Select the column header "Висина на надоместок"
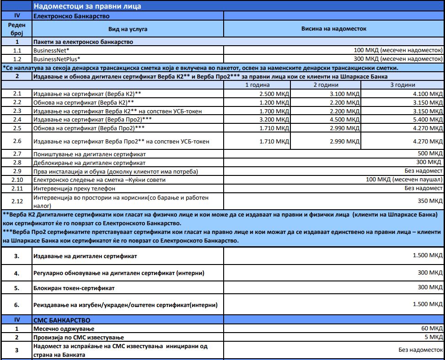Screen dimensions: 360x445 tap(333, 29)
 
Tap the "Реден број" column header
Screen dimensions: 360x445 tap(17, 29)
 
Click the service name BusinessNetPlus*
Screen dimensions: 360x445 tap(57, 59)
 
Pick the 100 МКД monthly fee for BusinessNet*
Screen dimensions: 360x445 tap(398, 50)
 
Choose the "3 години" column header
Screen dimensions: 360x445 tap(402, 85)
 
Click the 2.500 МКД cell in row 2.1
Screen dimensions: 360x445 tap(273, 94)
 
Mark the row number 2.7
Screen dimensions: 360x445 tap(17, 154)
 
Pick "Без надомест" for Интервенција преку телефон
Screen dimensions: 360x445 tap(424, 188)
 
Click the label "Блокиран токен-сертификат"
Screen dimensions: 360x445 tap(73, 288)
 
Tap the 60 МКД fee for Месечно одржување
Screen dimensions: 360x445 tap(432, 328)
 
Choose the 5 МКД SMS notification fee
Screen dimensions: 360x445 tap(434, 337)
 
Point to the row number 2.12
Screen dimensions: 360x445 tap(17, 200)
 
